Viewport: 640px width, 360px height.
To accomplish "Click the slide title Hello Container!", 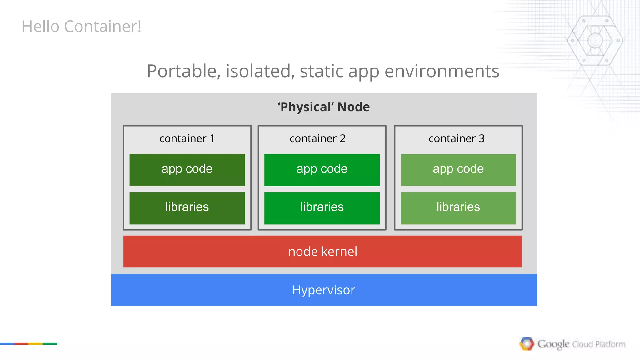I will (x=81, y=26).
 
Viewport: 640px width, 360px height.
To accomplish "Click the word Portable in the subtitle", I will (x=182, y=71).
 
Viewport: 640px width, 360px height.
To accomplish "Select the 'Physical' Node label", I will (x=323, y=107).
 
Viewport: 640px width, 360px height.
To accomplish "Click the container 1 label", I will (x=187, y=138).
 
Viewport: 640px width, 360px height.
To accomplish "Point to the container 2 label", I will (x=317, y=138).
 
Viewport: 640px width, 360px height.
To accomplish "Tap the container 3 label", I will (x=456, y=138).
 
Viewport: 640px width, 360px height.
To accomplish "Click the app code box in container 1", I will (x=187, y=170).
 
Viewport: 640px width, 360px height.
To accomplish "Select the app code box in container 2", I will (x=322, y=170).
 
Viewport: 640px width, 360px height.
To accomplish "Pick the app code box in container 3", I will (x=458, y=170).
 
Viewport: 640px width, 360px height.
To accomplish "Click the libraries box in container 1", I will (x=187, y=208).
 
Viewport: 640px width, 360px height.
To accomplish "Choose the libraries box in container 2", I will (x=322, y=208).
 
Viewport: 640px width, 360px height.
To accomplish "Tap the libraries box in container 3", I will (x=458, y=208).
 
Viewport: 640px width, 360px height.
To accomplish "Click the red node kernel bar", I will (x=322, y=252).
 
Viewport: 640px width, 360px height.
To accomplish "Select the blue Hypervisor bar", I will (x=324, y=290).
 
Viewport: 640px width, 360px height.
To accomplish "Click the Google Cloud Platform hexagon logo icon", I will (x=527, y=344).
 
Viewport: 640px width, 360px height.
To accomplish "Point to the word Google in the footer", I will (x=553, y=344).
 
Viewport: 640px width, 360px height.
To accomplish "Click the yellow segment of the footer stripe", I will (x=35, y=344).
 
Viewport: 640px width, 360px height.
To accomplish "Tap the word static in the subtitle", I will (x=322, y=71).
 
